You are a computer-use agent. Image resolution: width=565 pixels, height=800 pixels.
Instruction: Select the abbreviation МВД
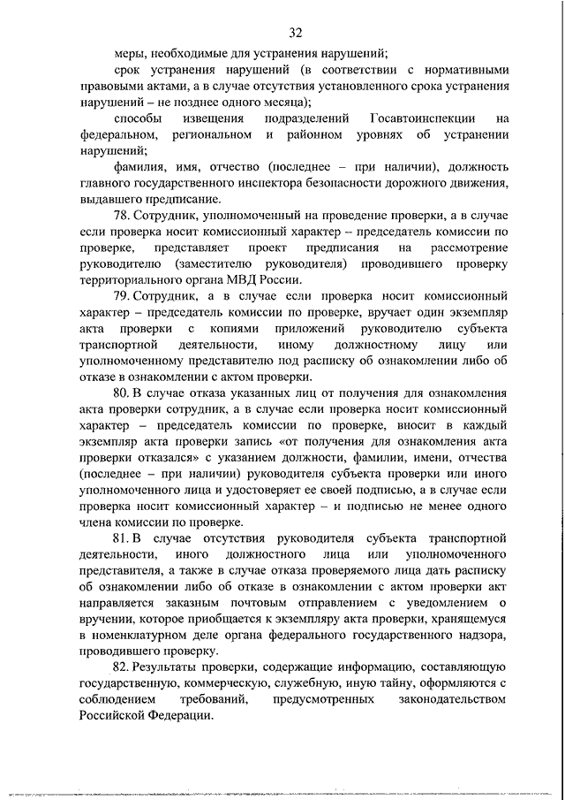pos(233,278)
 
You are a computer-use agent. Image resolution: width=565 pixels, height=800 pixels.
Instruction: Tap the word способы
pos(139,119)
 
